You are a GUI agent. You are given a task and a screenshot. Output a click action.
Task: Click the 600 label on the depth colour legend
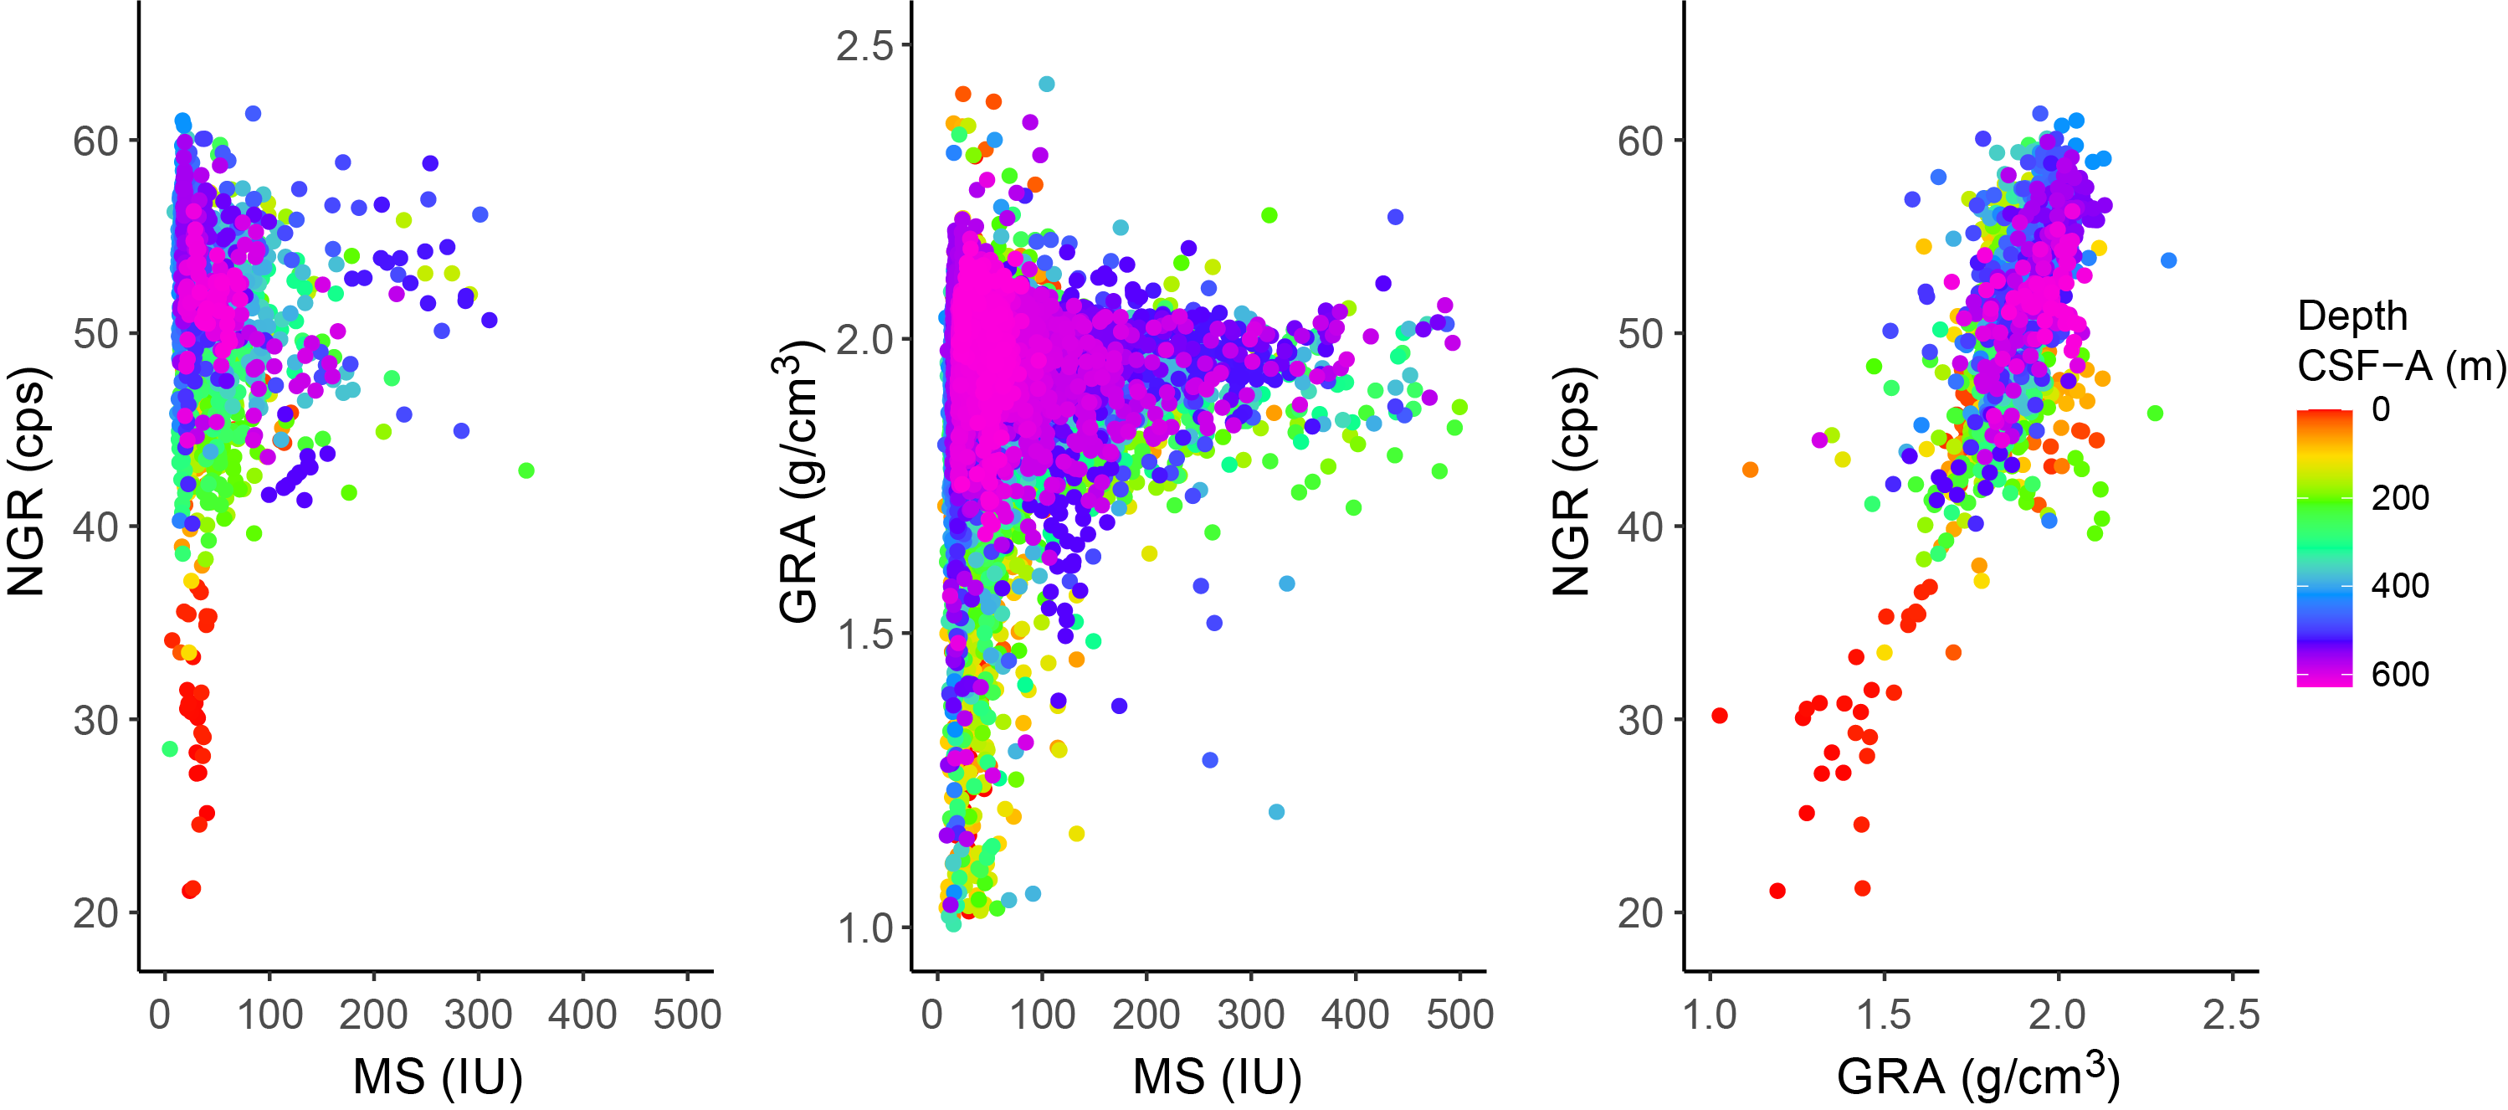2400,674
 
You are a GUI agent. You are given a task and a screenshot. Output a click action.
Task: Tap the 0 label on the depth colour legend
2381,409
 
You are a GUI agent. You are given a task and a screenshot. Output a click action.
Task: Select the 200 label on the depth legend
2400,497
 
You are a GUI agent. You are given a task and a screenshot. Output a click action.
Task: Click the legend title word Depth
2352,316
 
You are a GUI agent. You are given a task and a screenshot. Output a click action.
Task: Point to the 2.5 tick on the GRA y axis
864,45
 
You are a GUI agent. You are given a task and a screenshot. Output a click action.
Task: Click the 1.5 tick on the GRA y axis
864,633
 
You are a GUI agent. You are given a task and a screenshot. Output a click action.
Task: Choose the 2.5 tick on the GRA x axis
2230,1015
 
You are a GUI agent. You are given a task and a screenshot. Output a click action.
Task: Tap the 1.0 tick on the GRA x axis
1710,1015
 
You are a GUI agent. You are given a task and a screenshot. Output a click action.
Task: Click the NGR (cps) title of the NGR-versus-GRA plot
1571,482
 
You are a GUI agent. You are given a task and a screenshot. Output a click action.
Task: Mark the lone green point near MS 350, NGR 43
526,471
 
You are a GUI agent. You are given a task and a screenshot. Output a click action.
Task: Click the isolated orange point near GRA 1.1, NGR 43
1750,470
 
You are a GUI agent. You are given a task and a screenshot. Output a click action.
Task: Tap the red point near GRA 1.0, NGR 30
1720,716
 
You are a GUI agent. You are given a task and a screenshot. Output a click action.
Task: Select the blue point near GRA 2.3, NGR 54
2168,261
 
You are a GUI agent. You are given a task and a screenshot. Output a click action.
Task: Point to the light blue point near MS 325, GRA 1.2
1276,812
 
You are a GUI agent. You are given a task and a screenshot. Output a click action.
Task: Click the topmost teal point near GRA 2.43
1047,84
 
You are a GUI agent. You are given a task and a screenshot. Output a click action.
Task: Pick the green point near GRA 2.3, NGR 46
2155,414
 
